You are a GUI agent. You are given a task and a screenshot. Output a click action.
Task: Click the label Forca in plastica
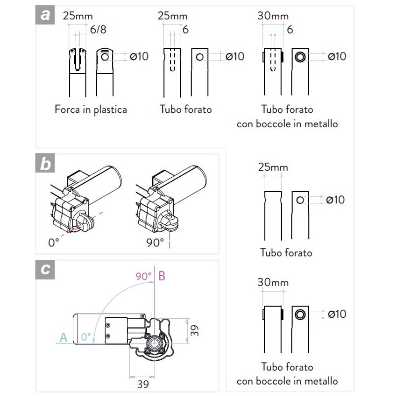pos(91,109)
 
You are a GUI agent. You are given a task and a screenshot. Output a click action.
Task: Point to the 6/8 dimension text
pos(98,30)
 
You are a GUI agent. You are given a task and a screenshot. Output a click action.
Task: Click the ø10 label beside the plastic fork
pos(139,56)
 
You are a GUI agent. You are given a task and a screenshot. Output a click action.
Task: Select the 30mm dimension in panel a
pos(273,16)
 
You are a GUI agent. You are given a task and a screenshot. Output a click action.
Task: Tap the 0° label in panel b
pos(53,243)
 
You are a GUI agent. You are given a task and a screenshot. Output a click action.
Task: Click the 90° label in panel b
pos(155,243)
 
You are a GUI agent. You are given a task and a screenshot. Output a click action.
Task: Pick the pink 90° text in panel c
pos(144,276)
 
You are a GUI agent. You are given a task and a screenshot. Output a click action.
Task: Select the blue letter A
pos(63,338)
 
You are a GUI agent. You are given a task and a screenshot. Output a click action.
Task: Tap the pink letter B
pos(162,276)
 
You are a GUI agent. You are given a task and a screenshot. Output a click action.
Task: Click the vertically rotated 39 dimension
pos(195,330)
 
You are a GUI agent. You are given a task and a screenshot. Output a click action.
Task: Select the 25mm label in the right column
pos(273,167)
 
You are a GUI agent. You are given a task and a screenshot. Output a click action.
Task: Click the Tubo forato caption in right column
pos(286,252)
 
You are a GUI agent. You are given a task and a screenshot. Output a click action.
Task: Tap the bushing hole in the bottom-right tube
pos(299,314)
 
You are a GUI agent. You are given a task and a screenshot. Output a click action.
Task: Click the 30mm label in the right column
pos(273,283)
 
